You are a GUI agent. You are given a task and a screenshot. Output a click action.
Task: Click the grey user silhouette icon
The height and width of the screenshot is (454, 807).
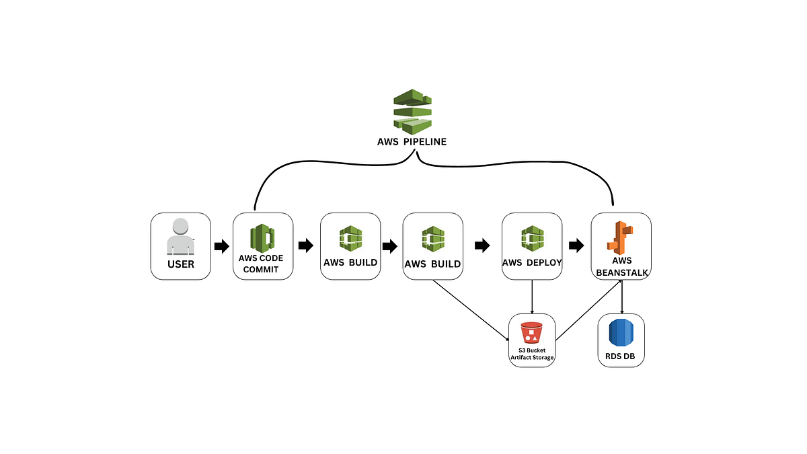[180, 236]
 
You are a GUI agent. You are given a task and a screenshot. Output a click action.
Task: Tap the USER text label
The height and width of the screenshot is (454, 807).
[181, 264]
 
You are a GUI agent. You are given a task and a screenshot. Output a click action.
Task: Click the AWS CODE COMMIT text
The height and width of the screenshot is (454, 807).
[262, 264]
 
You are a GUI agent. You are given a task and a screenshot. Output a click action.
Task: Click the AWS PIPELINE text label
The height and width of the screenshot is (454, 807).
[412, 143]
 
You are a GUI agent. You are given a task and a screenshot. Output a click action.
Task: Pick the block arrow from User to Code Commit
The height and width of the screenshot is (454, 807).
[221, 246]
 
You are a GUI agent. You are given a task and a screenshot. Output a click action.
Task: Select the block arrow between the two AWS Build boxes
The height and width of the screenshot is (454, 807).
[389, 246]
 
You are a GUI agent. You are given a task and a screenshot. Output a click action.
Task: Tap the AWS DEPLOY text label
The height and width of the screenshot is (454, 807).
[532, 263]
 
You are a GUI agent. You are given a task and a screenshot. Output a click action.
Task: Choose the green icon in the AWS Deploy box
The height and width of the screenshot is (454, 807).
[532, 239]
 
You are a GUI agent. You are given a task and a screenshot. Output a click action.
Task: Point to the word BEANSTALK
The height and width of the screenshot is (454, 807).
[621, 272]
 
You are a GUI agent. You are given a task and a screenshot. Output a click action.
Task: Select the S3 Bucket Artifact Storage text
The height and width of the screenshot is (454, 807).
[532, 354]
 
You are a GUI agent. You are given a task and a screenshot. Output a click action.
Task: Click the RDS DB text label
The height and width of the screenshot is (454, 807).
[621, 355]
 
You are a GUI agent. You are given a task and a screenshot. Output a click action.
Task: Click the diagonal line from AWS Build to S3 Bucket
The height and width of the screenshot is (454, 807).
[471, 309]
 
